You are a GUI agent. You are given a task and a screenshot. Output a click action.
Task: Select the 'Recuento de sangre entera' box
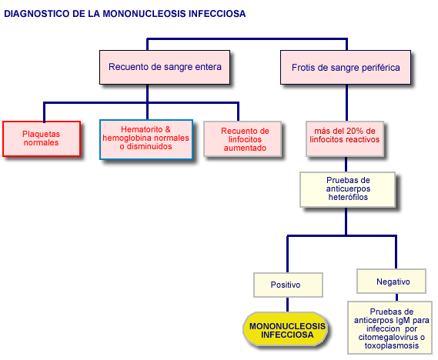click(165, 67)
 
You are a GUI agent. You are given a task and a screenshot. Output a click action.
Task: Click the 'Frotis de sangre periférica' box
click(346, 67)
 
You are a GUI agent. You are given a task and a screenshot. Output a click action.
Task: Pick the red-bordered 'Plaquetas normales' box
click(42, 138)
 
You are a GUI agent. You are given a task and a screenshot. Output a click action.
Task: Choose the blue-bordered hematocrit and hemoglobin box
click(146, 139)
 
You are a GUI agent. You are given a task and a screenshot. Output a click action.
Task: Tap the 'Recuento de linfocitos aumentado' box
click(242, 139)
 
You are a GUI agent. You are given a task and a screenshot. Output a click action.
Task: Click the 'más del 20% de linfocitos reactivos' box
click(345, 138)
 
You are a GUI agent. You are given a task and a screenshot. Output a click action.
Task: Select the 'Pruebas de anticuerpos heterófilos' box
click(347, 189)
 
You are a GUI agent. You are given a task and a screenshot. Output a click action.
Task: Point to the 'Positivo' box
click(288, 285)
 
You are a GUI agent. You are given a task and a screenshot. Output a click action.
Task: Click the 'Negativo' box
click(391, 282)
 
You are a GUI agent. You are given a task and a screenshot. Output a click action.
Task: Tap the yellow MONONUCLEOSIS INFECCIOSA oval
click(286, 329)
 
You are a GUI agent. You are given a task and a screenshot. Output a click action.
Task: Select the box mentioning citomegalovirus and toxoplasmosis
click(390, 328)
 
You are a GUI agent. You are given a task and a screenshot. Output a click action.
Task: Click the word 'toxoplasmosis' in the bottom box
click(392, 345)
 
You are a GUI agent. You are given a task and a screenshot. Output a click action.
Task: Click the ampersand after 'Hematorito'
click(168, 129)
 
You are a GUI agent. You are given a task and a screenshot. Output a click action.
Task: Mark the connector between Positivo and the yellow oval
click(287, 305)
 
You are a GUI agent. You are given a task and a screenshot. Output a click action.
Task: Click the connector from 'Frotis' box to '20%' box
click(346, 103)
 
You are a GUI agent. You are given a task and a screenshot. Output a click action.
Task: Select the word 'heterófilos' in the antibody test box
click(348, 197)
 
